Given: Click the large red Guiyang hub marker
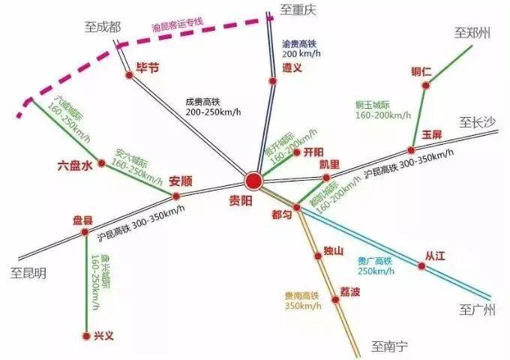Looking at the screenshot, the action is [x=253, y=181].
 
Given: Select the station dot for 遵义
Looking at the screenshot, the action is [x=273, y=81].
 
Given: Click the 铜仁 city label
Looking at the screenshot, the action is [x=421, y=72].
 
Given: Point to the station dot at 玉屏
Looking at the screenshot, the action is [x=411, y=149].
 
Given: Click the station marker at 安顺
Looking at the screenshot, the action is [x=176, y=196].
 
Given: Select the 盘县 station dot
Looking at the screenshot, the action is [x=85, y=232].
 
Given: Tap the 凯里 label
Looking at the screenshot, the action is [x=329, y=164].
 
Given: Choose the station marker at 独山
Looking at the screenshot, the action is [x=318, y=256].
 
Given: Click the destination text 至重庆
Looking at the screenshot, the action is [x=299, y=10].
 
